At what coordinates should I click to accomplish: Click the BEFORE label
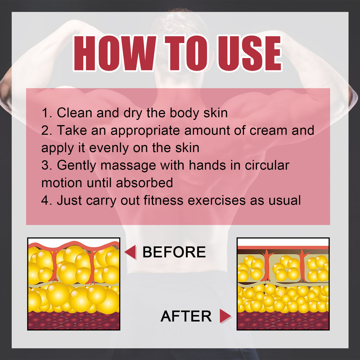click(x=174, y=252)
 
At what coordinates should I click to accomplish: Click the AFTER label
click(x=186, y=316)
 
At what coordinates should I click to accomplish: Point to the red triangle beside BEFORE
click(x=130, y=252)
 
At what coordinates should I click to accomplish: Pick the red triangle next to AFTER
click(x=225, y=316)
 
